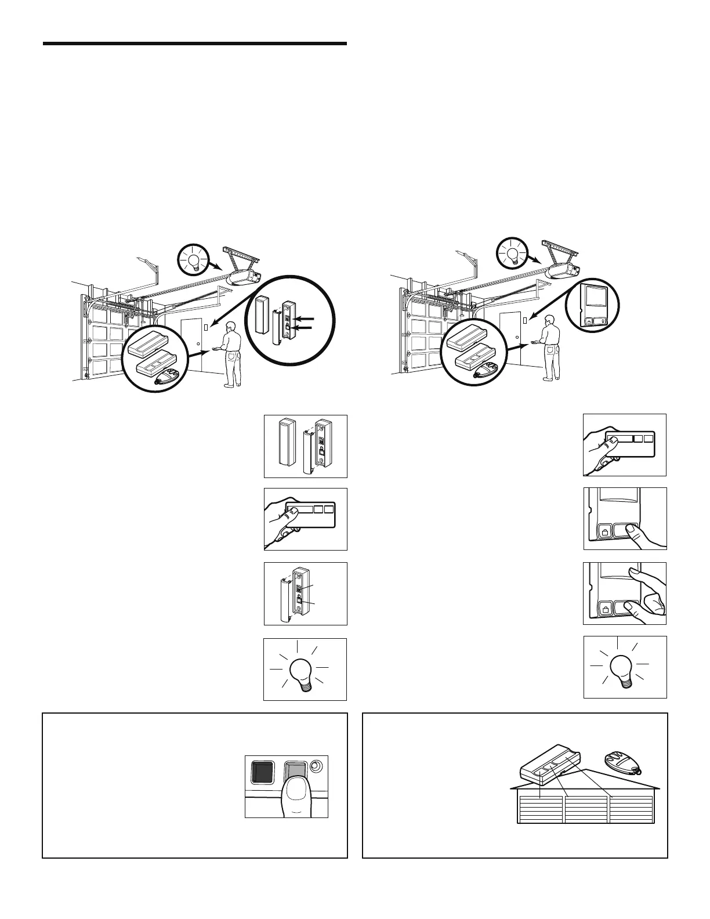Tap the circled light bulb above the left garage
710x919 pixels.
194,258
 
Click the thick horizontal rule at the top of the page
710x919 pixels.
195,44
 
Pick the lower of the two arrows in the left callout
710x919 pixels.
306,328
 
